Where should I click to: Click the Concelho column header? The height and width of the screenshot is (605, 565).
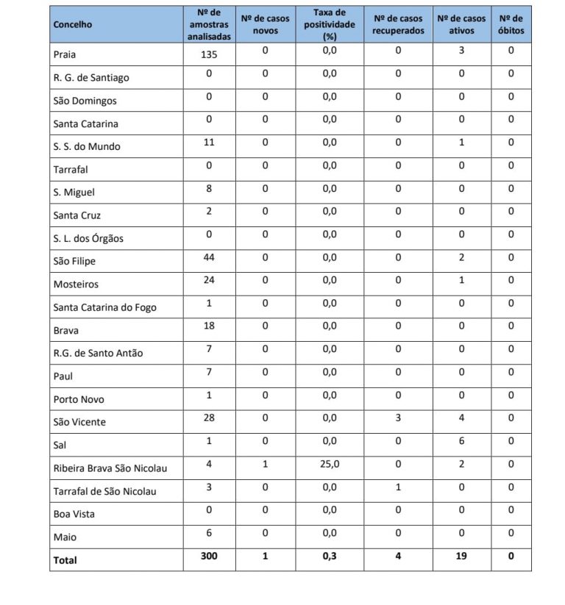[73, 24]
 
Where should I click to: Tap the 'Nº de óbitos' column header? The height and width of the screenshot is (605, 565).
[511, 24]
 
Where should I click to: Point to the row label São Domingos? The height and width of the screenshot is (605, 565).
[85, 101]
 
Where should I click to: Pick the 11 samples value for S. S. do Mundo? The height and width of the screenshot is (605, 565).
[209, 142]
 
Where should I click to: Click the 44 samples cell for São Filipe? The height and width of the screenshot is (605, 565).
[209, 257]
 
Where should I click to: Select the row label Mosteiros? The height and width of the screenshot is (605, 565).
[75, 284]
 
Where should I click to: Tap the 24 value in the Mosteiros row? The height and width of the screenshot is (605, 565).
[209, 279]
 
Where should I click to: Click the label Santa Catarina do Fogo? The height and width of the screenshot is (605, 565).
[104, 307]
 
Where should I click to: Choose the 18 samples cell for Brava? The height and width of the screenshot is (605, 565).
[209, 326]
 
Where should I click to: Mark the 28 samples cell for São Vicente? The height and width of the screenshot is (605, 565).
[209, 418]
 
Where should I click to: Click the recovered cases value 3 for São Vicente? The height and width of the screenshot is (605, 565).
[398, 418]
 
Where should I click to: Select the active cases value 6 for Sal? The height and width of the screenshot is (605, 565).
[462, 440]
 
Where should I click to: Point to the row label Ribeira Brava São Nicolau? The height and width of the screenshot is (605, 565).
[109, 468]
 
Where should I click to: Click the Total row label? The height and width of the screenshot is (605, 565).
[65, 560]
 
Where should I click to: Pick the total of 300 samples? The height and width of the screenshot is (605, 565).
[209, 556]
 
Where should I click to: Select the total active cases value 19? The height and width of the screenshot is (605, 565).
[462, 556]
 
